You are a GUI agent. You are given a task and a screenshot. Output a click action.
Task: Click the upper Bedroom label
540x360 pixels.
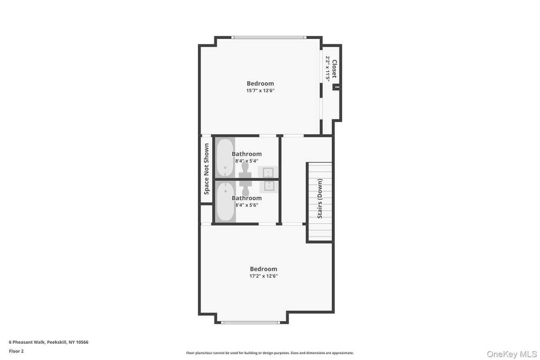coord(260,83)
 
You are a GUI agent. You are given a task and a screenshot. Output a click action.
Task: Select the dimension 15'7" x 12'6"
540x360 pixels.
coord(260,90)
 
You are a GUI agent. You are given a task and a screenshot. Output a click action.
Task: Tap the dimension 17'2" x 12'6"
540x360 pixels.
coord(263,276)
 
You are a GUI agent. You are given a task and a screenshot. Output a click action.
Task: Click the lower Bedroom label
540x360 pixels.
coord(263,269)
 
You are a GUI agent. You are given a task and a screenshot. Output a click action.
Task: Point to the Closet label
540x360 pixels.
coord(334,69)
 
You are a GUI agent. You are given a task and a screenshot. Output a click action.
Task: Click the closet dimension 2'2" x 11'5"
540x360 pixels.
coord(328,69)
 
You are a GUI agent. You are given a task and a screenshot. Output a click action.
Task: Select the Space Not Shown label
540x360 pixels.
coord(206,169)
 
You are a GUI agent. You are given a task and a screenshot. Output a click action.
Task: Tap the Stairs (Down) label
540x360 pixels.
coord(320,198)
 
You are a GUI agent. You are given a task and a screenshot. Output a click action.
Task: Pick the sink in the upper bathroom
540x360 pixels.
coord(268,172)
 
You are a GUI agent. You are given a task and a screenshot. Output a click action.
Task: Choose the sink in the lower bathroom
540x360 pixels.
coord(269,185)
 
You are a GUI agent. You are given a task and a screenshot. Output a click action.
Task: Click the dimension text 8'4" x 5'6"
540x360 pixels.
coord(247,205)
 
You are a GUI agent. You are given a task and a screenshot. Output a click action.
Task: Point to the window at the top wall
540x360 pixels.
coord(269,37)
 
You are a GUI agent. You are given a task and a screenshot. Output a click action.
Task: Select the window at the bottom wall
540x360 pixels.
coord(251,322)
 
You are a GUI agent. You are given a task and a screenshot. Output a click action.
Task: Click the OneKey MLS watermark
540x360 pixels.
coord(512,354)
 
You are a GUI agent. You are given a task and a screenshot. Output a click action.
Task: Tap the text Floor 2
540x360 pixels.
coord(16,351)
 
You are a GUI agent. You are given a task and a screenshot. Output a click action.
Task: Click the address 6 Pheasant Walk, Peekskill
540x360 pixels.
coord(48,342)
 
